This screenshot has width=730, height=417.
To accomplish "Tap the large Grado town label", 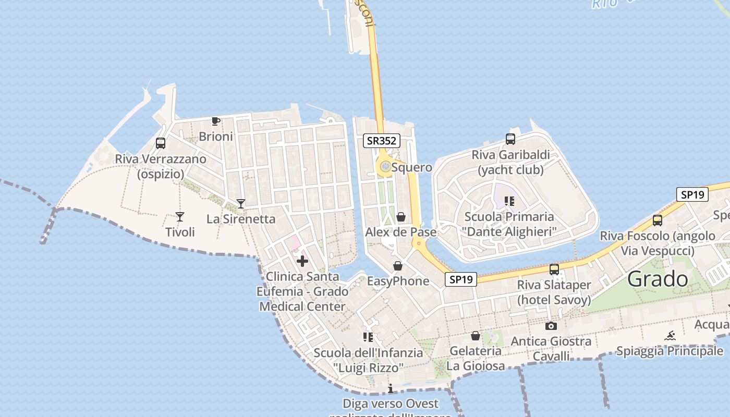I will coord(658,279).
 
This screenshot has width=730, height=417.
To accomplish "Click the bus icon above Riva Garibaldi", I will coord(510,139).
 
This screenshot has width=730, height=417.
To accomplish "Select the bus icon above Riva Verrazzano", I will coord(161,143).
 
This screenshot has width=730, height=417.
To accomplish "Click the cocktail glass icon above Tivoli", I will coord(180,216).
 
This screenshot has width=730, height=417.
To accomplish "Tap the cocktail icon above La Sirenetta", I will coord(241,203).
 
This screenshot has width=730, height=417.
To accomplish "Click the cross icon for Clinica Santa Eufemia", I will coord(302,261).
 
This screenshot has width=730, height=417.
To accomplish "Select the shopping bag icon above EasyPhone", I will coord(398,266).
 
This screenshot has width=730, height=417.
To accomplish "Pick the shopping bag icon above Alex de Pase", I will coord(401,217).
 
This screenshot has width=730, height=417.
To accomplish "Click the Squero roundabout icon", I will coord(385,167).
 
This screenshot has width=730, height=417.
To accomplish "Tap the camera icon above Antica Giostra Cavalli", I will coord(551,326).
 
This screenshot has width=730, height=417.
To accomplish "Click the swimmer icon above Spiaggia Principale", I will coord(670,336).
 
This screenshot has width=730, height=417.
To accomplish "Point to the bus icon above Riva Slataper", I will coord(554,269).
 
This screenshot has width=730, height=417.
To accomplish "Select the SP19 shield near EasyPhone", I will coord(461,279).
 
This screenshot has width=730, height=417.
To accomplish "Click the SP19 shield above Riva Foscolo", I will coord(692,194).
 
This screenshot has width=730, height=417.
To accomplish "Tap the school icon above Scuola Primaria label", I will coord(509,201).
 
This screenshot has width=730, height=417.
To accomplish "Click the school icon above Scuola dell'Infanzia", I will coord(368,337).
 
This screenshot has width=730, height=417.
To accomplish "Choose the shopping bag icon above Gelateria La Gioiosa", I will coord(476,336).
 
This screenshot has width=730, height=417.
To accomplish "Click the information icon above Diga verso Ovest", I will coord(391,388).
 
